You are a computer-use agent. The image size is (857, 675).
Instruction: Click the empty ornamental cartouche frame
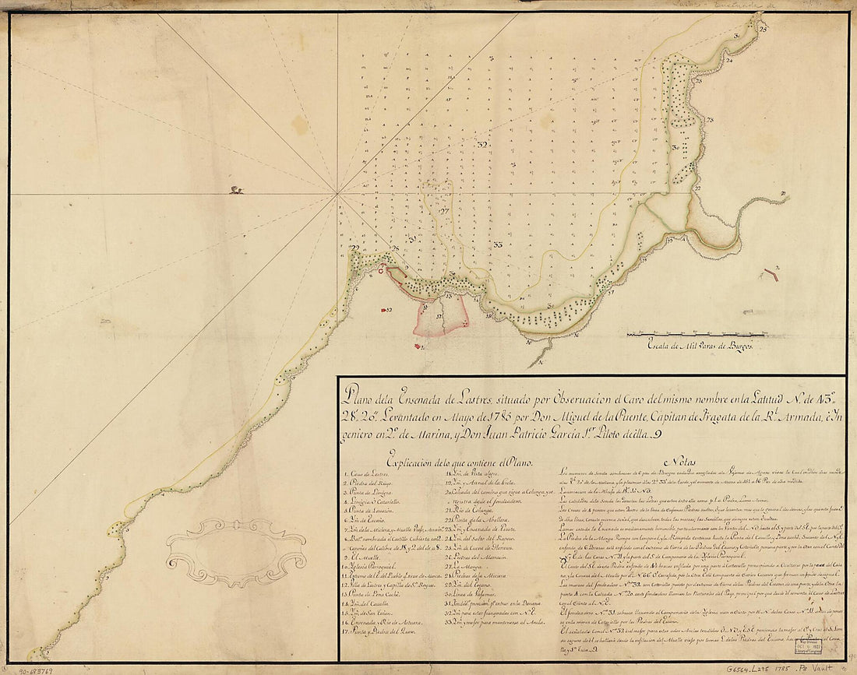[225, 553]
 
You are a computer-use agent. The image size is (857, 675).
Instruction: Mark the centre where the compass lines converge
[337, 193]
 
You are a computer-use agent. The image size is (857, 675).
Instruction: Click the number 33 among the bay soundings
[497, 245]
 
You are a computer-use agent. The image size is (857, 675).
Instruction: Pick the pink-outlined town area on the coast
[441, 315]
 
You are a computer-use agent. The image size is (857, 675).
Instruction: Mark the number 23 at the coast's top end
[763, 28]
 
